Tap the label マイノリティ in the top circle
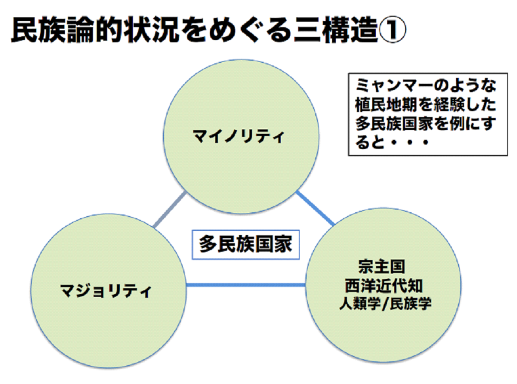238,137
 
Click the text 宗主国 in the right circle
381,267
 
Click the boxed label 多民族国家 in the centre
245,244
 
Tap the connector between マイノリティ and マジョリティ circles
170,210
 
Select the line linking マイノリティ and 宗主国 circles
315,208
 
